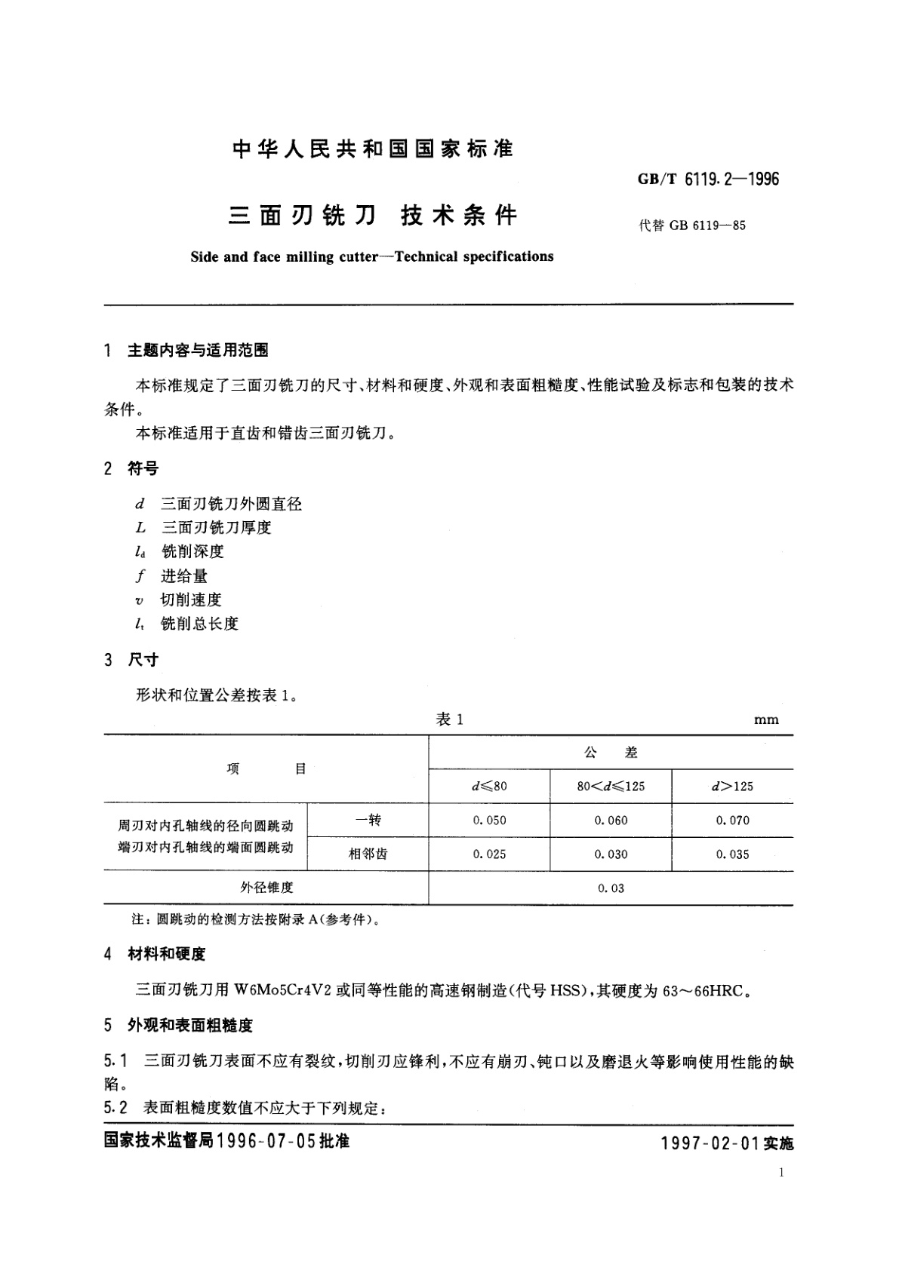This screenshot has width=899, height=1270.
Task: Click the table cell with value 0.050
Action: tap(489, 821)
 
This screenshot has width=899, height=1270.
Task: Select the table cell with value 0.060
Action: tap(611, 821)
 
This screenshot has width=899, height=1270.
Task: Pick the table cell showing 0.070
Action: tap(732, 821)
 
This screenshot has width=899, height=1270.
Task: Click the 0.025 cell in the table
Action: tap(489, 854)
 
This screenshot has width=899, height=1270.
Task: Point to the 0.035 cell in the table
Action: tap(732, 854)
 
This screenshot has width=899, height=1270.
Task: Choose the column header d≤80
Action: tap(489, 786)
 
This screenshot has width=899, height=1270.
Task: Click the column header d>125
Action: tap(732, 786)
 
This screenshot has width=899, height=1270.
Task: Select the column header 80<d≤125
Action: tap(611, 786)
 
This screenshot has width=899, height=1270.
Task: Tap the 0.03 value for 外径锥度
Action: tap(611, 888)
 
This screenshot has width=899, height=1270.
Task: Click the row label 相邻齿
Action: tap(368, 854)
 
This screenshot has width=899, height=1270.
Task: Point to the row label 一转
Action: tap(368, 820)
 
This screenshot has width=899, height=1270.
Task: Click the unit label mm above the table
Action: tap(766, 720)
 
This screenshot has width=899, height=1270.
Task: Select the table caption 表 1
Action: tap(450, 719)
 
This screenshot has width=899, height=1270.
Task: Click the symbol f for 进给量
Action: tap(140, 576)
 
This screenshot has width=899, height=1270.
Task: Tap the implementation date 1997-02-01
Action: tap(710, 1143)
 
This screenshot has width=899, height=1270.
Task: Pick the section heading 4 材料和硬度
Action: tap(155, 954)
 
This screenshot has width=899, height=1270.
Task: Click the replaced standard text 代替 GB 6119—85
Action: tap(692, 225)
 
